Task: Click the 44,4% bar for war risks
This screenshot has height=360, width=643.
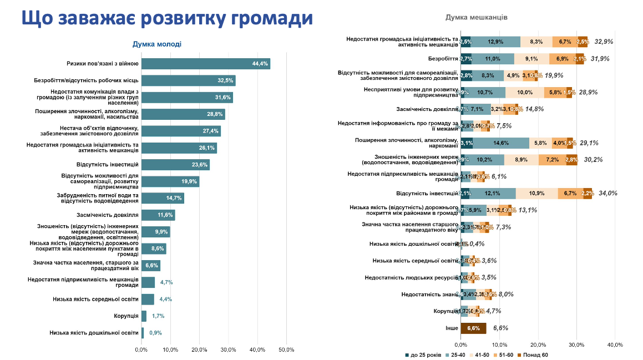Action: [205, 64]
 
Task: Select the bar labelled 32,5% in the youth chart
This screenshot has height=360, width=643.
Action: [188, 80]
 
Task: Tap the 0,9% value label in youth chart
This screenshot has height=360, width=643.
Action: [156, 333]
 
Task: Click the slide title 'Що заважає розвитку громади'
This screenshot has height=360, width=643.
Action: [167, 18]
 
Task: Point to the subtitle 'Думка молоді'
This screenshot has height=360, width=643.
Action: [157, 44]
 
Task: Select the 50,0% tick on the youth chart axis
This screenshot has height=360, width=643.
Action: [286, 349]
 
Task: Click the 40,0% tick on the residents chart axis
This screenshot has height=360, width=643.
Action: [615, 344]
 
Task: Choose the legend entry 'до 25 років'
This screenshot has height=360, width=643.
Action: [423, 354]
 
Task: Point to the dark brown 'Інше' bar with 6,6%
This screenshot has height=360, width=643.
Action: [473, 328]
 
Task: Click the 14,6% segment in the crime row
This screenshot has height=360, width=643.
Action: [502, 143]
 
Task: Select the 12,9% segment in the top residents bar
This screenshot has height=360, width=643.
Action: [495, 42]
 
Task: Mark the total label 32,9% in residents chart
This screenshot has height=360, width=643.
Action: [604, 42]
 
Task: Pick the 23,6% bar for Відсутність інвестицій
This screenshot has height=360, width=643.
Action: [175, 165]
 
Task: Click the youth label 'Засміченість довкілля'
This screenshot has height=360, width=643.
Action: [107, 215]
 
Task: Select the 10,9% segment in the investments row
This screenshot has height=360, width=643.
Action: [536, 193]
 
